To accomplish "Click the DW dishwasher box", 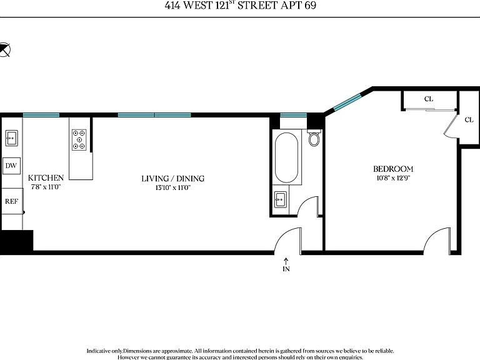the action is pos(11,166).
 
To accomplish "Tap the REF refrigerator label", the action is pos(11,201).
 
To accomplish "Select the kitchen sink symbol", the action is pos(12,138).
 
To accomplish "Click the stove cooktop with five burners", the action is pos(79,140).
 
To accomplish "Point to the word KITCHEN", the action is pos(46,178).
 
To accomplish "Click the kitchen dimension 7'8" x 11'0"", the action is pos(46,187).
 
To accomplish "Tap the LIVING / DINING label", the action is pos(173,179).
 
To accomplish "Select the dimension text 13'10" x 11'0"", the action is pos(173,187).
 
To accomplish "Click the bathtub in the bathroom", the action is pos(286,157).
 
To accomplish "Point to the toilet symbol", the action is pos(314,138).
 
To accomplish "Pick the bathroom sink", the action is pos(281,199).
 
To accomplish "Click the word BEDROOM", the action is pos(393,169).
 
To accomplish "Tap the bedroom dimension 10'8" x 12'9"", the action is pos(393,178).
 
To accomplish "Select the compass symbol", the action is pos(4,49).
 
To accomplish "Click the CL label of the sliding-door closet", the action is pos(429,99).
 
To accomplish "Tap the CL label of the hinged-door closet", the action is pos(469,120).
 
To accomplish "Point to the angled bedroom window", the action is pos(347,102).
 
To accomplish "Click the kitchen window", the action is pos(41,115).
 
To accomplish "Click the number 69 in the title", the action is pos(310,5).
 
